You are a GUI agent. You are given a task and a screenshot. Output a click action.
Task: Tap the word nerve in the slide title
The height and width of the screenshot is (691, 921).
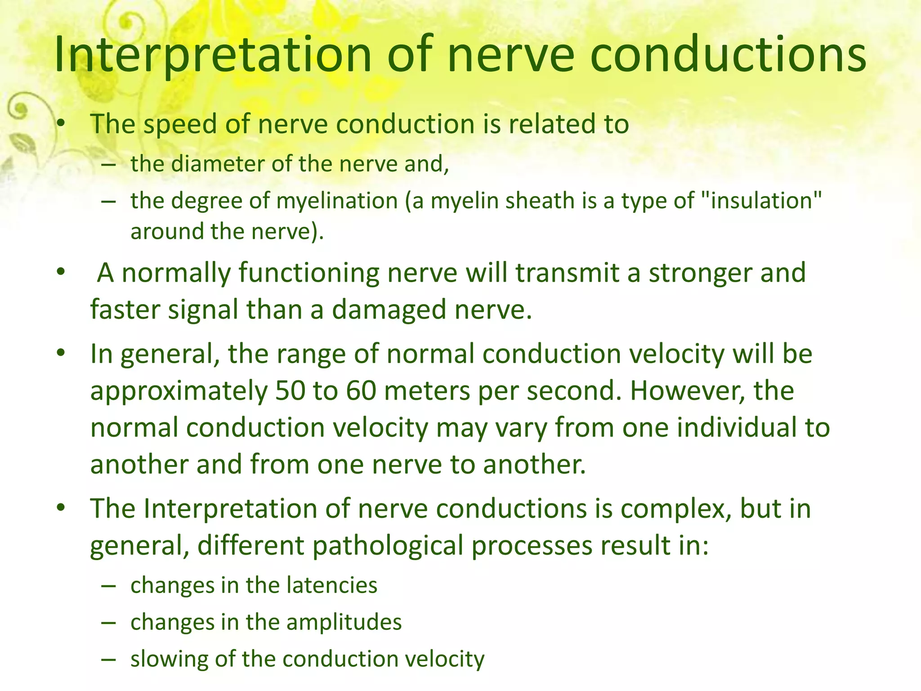click(511, 55)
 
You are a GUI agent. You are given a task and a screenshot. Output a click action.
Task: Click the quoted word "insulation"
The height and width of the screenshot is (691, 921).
click(765, 200)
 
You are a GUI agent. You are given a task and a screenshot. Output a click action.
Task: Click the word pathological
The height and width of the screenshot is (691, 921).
click(388, 546)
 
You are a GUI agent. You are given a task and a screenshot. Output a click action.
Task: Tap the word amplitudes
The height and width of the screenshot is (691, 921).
click(344, 623)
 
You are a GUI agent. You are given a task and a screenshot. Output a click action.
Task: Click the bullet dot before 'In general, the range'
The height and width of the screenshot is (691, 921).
click(62, 353)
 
